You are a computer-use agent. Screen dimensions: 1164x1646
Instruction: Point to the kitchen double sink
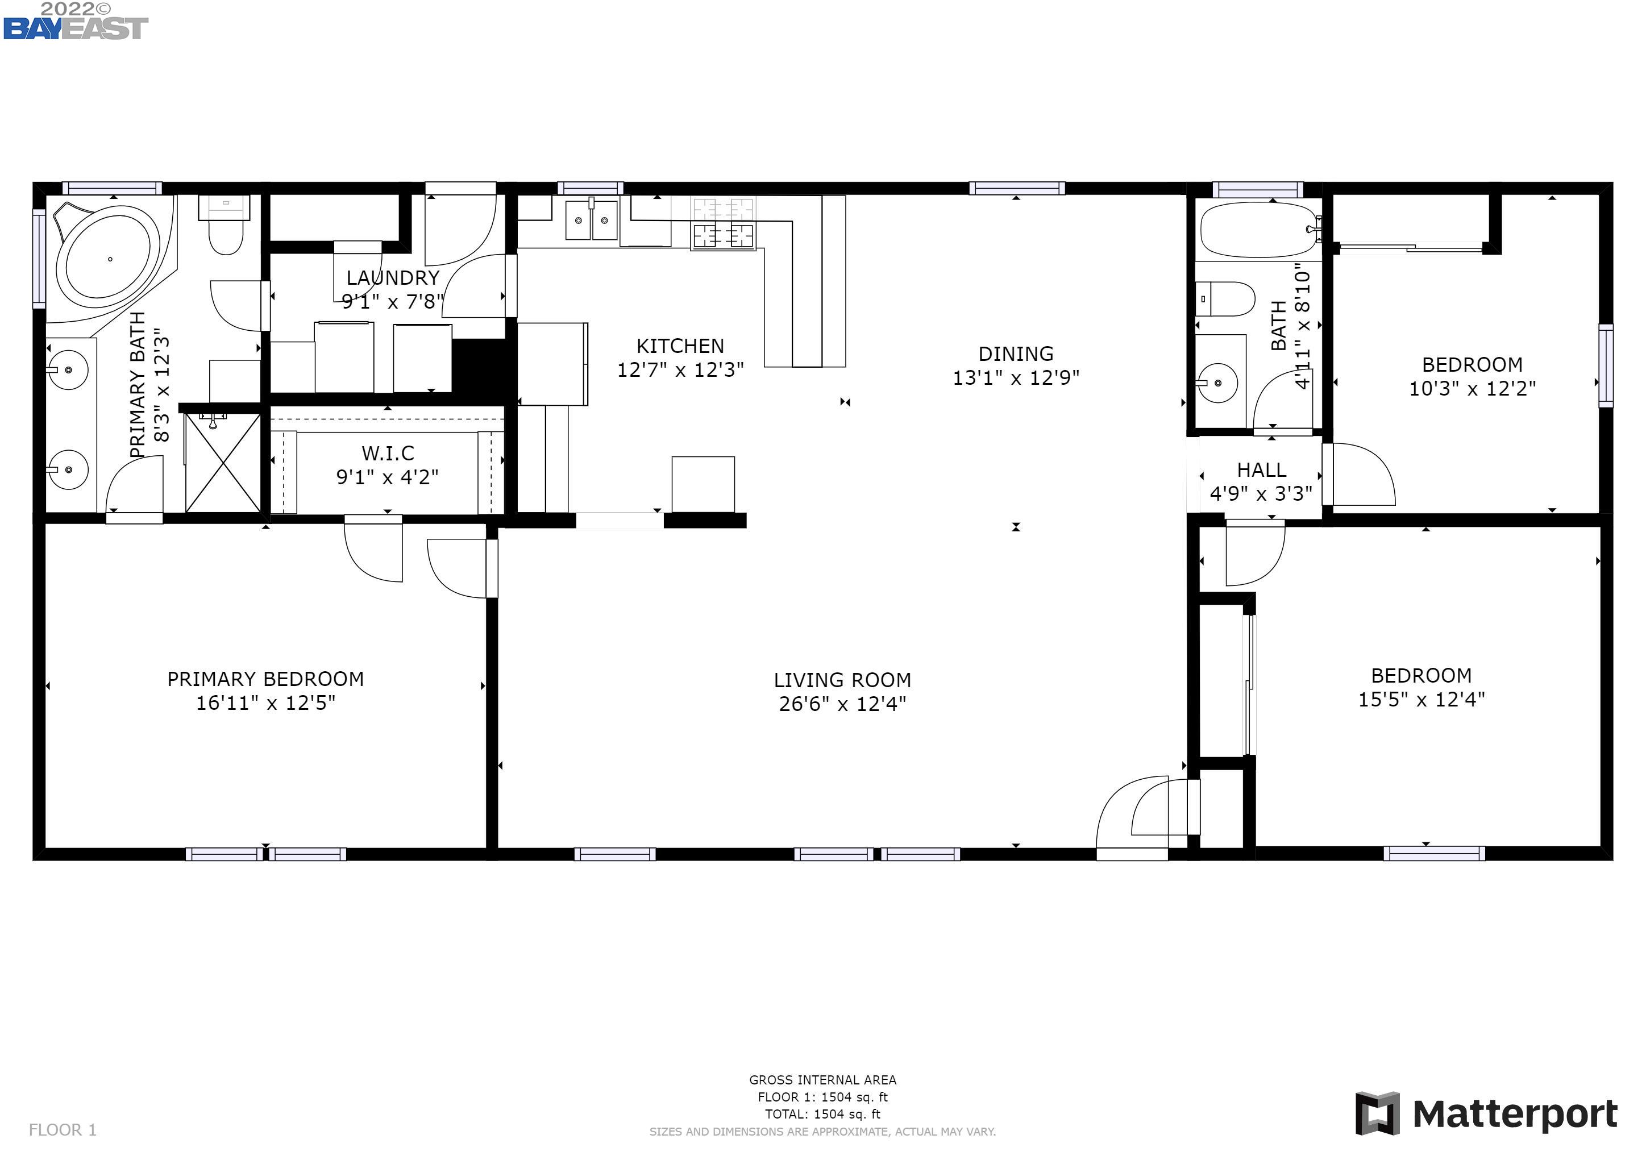(x=592, y=220)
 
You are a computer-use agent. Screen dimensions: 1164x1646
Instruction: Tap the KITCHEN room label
(x=680, y=346)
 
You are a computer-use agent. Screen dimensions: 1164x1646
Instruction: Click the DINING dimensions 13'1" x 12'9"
(x=1015, y=378)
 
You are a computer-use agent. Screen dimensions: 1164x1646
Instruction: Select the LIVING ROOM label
(x=842, y=680)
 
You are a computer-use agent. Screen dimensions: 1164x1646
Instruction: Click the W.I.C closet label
(x=388, y=453)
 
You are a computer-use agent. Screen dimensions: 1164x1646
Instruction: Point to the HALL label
(x=1261, y=470)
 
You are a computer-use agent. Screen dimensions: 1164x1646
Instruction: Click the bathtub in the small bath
(x=1260, y=230)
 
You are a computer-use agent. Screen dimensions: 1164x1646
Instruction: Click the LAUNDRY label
(x=392, y=278)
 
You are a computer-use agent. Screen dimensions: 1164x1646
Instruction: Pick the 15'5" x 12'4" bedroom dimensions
(x=1421, y=700)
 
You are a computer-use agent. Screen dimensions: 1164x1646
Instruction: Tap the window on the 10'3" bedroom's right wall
(x=1606, y=365)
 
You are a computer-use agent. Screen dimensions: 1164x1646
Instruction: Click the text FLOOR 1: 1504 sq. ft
(x=822, y=1096)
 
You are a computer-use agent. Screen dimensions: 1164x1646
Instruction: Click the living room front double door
(x=1147, y=817)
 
